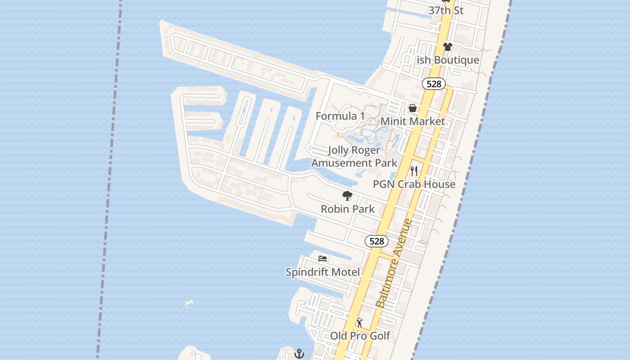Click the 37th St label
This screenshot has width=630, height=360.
coord(445,10)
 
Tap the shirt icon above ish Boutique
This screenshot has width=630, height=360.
coord(447,46)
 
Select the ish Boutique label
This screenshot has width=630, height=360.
coord(448,60)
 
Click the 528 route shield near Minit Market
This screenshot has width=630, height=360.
coord(434,84)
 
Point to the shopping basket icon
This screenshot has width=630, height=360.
coord(412,108)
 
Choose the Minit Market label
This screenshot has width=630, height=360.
coord(413,121)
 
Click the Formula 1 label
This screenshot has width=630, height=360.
coord(340,116)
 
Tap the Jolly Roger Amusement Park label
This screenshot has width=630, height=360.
coord(354,156)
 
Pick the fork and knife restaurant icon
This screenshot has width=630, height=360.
coord(414,171)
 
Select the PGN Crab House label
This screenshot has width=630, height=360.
coord(414,184)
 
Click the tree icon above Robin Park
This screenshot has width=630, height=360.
coord(347,196)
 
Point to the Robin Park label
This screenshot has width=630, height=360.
coord(347,209)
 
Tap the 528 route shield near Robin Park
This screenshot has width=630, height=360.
coord(376,241)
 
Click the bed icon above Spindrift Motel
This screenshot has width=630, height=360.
coord(323,258)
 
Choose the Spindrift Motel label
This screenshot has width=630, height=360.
coord(323,272)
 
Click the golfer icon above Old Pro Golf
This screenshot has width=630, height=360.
coord(359,323)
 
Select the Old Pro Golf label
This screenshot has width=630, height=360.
coord(360,336)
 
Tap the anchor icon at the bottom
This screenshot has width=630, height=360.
coord(299,354)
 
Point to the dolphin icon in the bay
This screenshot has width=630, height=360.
coord(189,304)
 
